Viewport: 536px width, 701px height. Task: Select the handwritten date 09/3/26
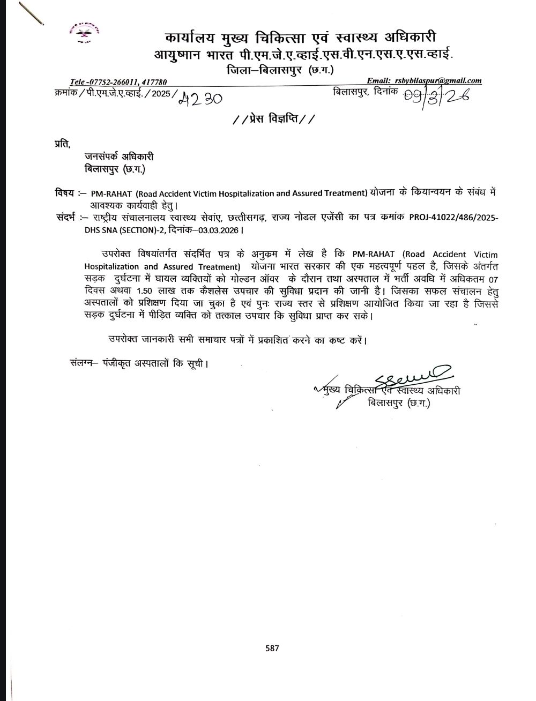coord(435,96)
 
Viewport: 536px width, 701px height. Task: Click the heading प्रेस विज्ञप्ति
coord(274,119)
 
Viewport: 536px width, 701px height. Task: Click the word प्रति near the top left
coord(62,143)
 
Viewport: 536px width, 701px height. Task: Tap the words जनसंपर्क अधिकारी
coord(119,156)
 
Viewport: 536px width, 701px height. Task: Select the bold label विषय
coord(64,192)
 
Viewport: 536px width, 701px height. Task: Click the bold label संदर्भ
coord(67,218)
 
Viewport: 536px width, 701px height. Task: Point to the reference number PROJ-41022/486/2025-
coord(453,218)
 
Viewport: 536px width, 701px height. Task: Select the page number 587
coord(272,648)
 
